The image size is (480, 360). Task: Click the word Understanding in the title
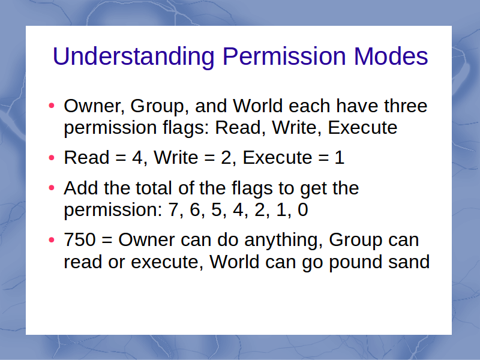(x=133, y=56)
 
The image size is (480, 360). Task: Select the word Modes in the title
(x=391, y=56)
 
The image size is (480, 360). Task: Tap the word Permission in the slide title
(x=284, y=56)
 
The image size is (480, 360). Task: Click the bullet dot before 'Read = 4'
(x=52, y=158)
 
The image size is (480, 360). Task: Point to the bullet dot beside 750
(x=52, y=239)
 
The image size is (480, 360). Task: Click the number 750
(x=80, y=239)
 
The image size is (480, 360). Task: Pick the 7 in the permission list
(x=173, y=209)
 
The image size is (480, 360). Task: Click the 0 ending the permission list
(x=303, y=209)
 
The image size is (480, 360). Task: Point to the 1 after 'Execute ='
(x=339, y=158)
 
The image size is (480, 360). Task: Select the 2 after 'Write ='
(x=226, y=158)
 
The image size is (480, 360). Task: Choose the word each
(x=310, y=106)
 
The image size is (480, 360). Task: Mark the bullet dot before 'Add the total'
(x=52, y=188)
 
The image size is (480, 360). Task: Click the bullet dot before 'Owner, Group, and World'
(x=52, y=106)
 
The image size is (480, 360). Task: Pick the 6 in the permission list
(x=195, y=209)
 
